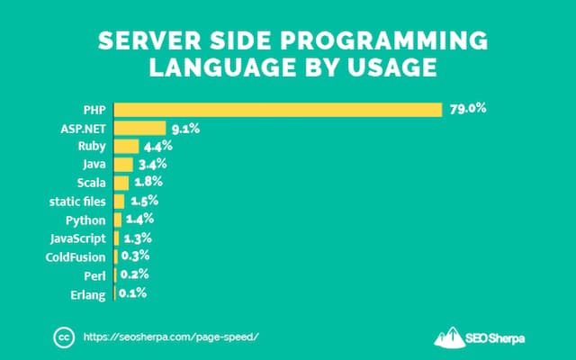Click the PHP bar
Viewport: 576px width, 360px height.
[x=278, y=110]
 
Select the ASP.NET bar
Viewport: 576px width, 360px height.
[x=139, y=129]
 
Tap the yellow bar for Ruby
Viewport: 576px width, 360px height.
[x=126, y=147]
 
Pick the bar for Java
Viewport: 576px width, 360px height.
[x=123, y=165]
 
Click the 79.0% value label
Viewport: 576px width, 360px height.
[x=469, y=109]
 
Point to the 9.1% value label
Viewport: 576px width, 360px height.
[x=185, y=128]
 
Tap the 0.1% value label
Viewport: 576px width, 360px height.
[x=132, y=293]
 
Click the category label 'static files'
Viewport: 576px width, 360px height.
[x=77, y=202]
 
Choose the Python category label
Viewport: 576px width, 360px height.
[x=86, y=220]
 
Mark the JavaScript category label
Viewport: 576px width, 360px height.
[x=79, y=238]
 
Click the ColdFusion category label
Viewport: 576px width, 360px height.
[x=76, y=257]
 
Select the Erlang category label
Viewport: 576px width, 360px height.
[x=89, y=294]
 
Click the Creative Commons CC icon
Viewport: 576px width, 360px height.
[x=63, y=337]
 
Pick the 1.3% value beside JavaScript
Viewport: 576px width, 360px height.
[x=136, y=238]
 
